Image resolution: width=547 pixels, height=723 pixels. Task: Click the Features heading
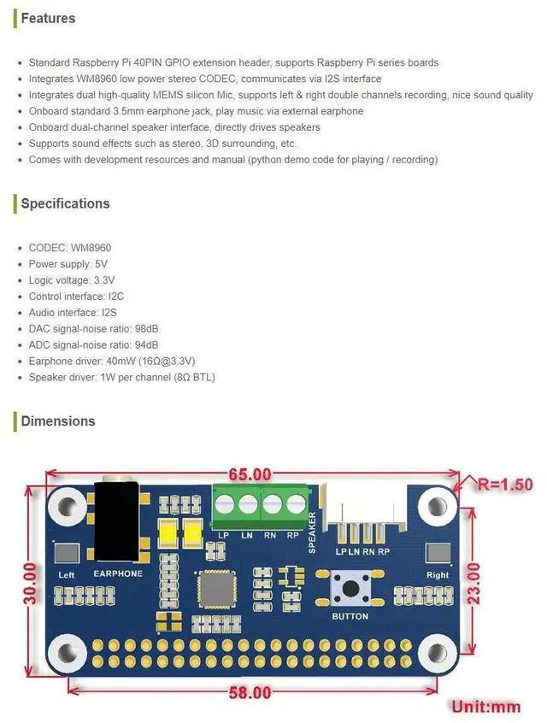pos(48,18)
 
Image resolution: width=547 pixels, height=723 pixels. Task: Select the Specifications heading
pos(65,203)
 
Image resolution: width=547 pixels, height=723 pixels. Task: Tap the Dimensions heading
pos(58,420)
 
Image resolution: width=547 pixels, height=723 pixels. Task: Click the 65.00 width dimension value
pos(250,474)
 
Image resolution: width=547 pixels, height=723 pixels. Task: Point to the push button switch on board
pos(350,588)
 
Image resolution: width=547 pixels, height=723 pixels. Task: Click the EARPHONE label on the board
pos(117,573)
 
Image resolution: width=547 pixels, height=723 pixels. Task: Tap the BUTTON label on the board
pos(350,616)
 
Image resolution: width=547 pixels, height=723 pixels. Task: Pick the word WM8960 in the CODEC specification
pos(91,248)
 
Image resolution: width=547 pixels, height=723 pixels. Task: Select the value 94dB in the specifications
pos(148,344)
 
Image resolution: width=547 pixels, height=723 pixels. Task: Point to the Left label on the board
pos(66,575)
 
